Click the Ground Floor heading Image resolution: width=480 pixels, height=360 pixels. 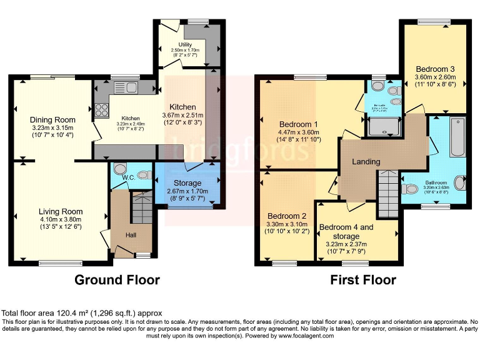(x=117, y=279)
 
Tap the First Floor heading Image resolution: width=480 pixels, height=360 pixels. (x=363, y=279)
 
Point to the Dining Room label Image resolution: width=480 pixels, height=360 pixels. (x=52, y=120)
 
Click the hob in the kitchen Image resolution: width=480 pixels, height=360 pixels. (x=101, y=111)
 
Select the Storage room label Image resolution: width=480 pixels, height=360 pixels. (x=183, y=183)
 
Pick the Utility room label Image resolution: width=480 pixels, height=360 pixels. (x=185, y=44)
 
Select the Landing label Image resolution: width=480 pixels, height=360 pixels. (x=366, y=162)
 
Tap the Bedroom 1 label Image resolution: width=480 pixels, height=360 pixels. (x=298, y=123)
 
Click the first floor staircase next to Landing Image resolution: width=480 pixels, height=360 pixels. (x=387, y=194)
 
